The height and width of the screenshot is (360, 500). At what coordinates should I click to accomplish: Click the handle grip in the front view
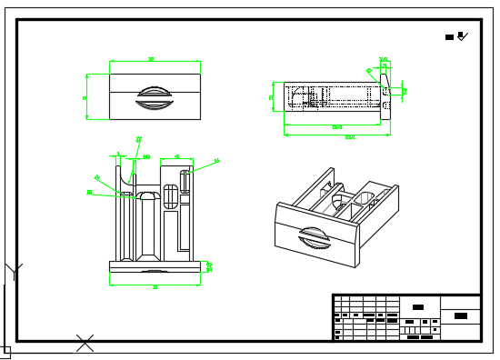[x=154, y=97]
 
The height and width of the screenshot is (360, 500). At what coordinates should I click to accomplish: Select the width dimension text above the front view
[x=151, y=59]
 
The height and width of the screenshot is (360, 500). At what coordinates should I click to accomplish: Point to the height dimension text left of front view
[x=85, y=97]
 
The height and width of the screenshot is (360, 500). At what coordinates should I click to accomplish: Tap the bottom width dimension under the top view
[x=155, y=287]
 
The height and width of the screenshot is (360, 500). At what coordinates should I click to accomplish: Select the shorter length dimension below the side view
[x=336, y=127]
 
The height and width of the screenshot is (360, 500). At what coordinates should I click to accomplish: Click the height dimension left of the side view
[x=271, y=96]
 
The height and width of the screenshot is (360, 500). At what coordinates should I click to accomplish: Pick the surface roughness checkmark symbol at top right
[x=462, y=36]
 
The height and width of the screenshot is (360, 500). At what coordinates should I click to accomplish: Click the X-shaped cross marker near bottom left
[x=85, y=343]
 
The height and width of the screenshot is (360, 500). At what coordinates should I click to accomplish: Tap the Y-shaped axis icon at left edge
[x=13, y=271]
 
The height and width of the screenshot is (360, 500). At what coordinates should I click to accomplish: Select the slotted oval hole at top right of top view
[x=185, y=181]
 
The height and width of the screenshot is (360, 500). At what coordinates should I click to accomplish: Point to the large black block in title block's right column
[x=461, y=315]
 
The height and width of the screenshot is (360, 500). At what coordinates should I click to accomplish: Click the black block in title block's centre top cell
[x=417, y=307]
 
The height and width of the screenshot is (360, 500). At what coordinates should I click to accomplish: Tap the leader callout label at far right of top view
[x=216, y=161]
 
